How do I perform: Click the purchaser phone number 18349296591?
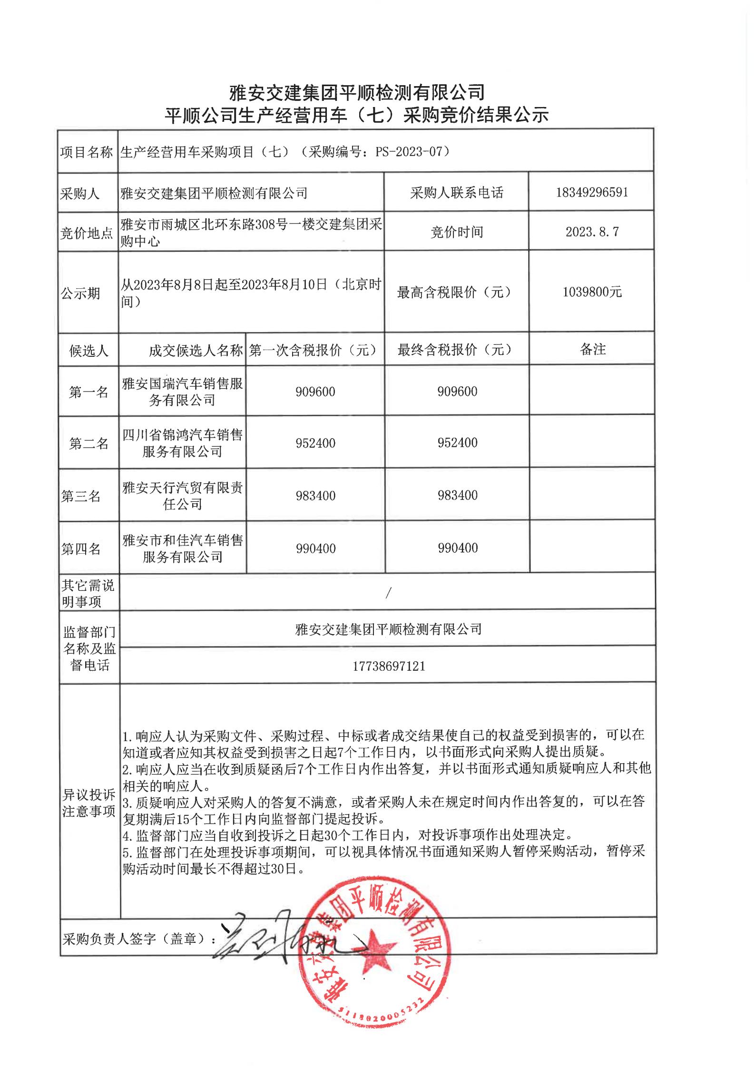coord(591,192)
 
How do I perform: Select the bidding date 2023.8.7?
coord(592,232)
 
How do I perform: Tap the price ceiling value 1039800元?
coord(592,292)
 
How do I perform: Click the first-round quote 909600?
coord(315,392)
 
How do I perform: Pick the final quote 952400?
coord(457,442)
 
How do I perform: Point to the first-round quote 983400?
coord(315,495)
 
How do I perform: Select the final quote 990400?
coord(458,548)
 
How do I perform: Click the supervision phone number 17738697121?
coord(388,666)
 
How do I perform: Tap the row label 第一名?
coord(88,392)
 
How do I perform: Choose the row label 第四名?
coord(81,548)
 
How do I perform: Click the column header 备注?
coord(592,349)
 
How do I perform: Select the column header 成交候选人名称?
coord(196,351)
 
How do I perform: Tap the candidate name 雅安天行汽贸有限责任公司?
coord(182,495)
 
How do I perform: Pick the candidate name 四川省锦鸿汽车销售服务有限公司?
coord(182,442)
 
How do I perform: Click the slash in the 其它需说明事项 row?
coord(388,593)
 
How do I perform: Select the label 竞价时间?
coord(456,232)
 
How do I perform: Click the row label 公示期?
coord(80,293)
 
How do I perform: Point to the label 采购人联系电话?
coord(456,193)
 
